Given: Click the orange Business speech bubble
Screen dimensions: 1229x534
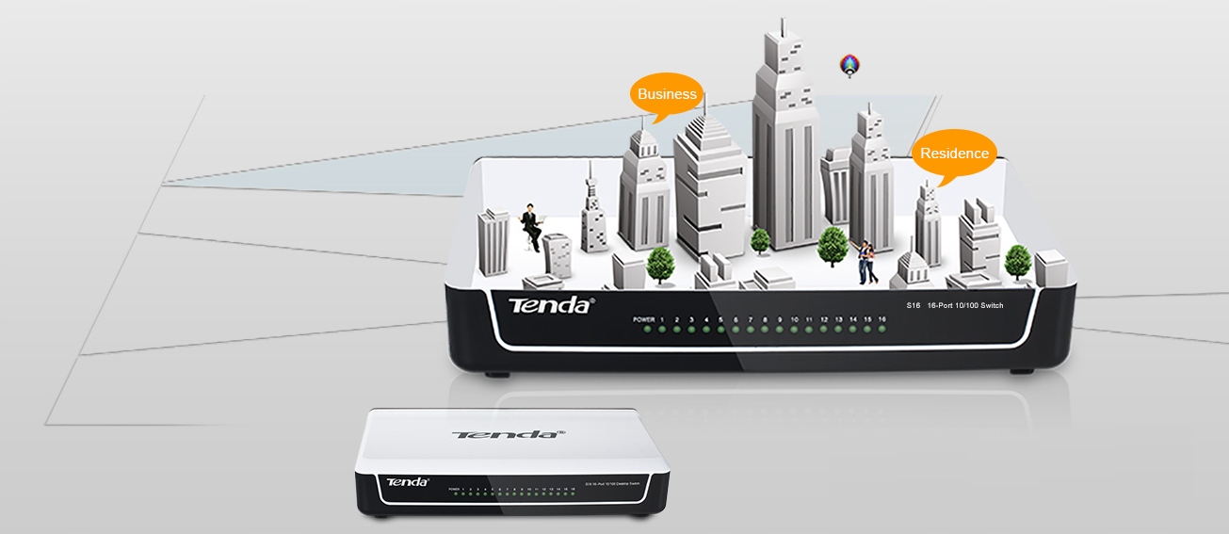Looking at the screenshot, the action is pyautogui.click(x=667, y=94).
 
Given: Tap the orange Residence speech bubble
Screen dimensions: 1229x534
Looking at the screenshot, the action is pyautogui.click(x=954, y=154).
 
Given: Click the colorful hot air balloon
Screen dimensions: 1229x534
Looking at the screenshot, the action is pyautogui.click(x=850, y=65).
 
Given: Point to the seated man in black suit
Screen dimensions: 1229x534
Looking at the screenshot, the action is pyautogui.click(x=531, y=227).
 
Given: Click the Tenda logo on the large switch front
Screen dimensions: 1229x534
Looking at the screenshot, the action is pyautogui.click(x=551, y=306).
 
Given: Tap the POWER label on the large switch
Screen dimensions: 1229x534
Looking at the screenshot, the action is pyautogui.click(x=643, y=320).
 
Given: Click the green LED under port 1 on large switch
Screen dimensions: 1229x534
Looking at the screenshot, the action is pyautogui.click(x=662, y=330).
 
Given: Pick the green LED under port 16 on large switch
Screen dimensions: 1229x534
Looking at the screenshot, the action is pyautogui.click(x=882, y=330).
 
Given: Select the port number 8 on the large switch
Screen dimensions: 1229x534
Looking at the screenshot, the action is pyautogui.click(x=765, y=320).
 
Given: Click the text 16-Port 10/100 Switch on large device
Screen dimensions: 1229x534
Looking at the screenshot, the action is pyautogui.click(x=965, y=306).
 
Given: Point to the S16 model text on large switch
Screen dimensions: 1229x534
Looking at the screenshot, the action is pyautogui.click(x=913, y=306).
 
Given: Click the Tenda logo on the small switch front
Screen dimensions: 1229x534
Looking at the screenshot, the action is pyautogui.click(x=408, y=482).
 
